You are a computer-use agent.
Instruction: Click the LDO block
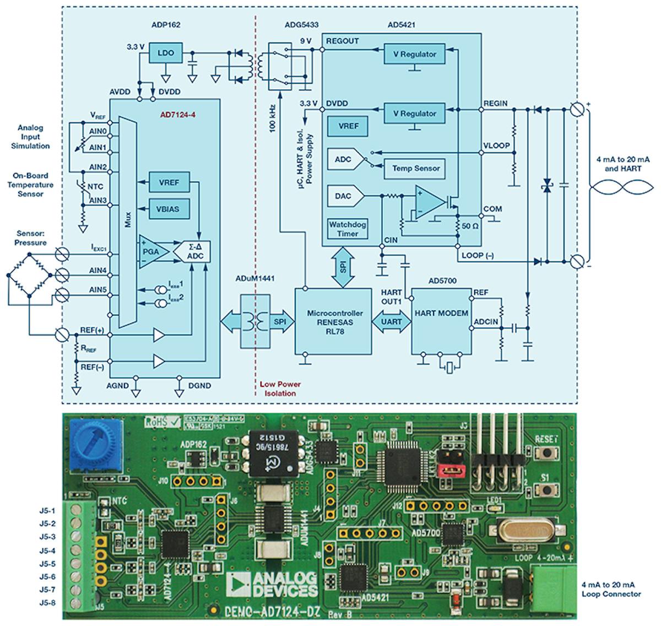165,53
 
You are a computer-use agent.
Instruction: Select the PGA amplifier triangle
150,252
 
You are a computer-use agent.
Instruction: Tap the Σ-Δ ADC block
191,252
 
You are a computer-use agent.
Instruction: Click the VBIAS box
169,209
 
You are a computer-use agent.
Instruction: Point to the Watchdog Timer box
348,229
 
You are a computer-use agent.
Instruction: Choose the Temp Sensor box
416,168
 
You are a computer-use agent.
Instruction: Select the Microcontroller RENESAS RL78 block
334,321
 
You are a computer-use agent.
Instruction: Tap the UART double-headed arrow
391,321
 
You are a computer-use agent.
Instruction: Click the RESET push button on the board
548,453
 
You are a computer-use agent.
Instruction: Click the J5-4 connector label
47,550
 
